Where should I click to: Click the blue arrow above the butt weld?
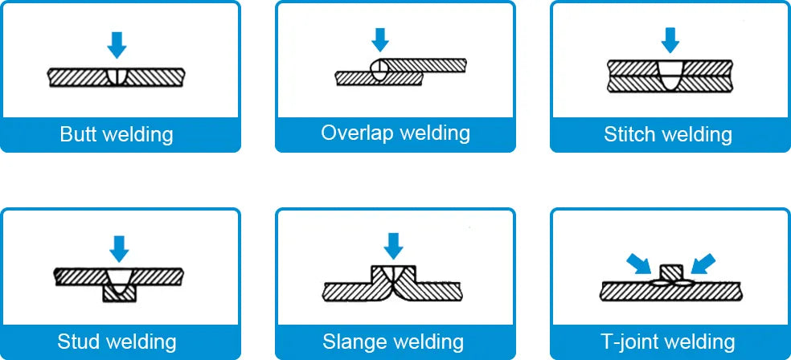point(117,45)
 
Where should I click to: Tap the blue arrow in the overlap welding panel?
point(380,39)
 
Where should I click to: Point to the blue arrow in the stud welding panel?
point(119,248)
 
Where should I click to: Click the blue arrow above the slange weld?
point(393,245)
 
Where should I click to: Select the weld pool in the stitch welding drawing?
point(669,76)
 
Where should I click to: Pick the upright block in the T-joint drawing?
point(670,272)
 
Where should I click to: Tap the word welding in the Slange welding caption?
point(428,341)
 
